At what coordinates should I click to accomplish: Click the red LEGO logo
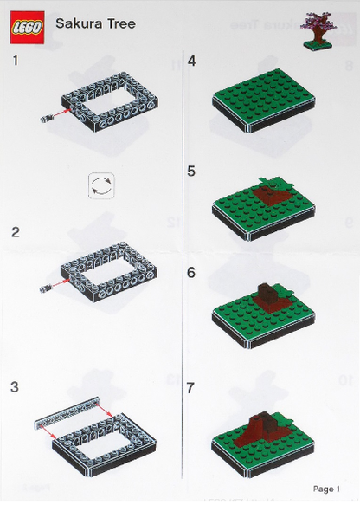pyautogui.click(x=27, y=27)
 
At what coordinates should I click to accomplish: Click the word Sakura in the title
pyautogui.click(x=76, y=23)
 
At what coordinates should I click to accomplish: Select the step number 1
pyautogui.click(x=15, y=61)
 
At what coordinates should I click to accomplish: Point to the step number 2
pyautogui.click(x=15, y=232)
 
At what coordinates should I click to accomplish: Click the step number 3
pyautogui.click(x=15, y=387)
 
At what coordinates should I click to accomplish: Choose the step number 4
pyautogui.click(x=191, y=61)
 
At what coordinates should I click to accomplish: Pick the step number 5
pyautogui.click(x=191, y=171)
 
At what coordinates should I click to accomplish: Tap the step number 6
pyautogui.click(x=191, y=273)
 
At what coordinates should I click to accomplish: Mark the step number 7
pyautogui.click(x=190, y=388)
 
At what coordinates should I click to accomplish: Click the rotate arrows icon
pyautogui.click(x=101, y=186)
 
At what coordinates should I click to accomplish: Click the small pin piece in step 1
pyautogui.click(x=47, y=119)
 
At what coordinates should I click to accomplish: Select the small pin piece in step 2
pyautogui.click(x=45, y=288)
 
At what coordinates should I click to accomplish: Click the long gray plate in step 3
pyautogui.click(x=67, y=413)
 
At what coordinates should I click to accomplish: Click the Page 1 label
pyautogui.click(x=326, y=489)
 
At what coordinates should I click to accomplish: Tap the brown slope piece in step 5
pyautogui.click(x=272, y=195)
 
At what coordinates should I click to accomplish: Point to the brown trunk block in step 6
pyautogui.click(x=267, y=293)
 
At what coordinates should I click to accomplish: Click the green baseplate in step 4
pyautogui.click(x=263, y=97)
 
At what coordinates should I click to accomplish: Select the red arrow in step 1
pyautogui.click(x=61, y=113)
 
